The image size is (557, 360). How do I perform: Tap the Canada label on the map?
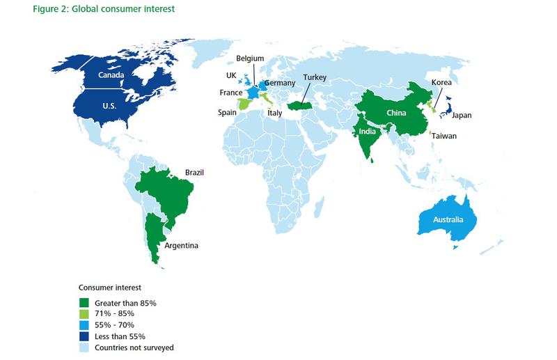(x=111, y=75)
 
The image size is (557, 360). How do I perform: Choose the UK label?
(x=231, y=75)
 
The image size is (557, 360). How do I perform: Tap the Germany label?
(x=281, y=83)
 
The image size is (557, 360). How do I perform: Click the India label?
(x=368, y=131)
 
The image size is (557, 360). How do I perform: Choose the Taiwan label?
(x=444, y=136)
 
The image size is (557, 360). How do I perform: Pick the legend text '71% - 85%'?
(x=113, y=313)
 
